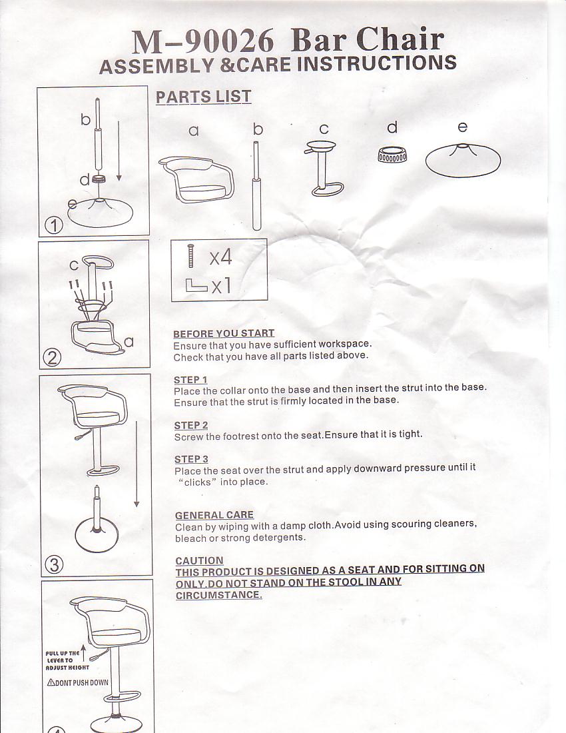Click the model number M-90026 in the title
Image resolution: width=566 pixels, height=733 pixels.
202,41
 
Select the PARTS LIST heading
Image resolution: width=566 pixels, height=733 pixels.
203,97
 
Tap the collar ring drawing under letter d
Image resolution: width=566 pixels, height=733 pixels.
392,155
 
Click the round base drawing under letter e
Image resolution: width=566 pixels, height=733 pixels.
463,161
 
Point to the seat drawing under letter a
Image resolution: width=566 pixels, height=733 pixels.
196,179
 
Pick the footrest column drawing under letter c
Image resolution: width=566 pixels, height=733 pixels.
324,169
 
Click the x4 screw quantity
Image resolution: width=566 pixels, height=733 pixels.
220,257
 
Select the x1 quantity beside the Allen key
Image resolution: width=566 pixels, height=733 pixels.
221,285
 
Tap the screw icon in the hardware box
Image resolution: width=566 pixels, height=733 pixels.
190,256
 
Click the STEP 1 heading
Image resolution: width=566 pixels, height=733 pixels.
190,380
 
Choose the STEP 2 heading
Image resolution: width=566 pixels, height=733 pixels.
191,425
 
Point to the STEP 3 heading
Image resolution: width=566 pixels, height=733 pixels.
192,459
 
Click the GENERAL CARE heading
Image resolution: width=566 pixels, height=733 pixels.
214,514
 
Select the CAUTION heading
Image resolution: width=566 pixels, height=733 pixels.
199,560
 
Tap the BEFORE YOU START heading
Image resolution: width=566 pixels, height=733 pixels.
224,333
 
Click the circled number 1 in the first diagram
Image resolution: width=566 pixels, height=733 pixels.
54,226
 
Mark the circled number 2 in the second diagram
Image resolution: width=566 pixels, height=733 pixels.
53,358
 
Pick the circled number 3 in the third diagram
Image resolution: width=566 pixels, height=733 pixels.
54,564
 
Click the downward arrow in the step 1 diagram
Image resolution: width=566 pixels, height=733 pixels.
119,151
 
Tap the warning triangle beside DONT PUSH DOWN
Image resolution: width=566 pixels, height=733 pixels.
51,682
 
